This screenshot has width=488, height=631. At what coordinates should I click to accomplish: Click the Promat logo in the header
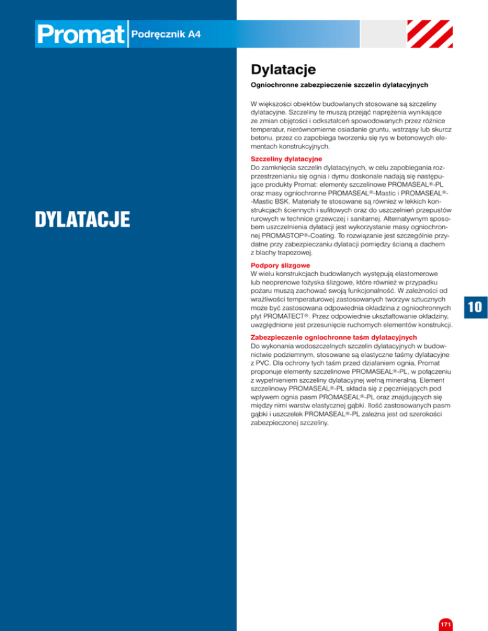[x=81, y=36]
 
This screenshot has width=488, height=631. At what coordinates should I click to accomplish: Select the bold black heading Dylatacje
[x=283, y=68]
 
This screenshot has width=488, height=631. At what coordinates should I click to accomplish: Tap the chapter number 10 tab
[x=474, y=309]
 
